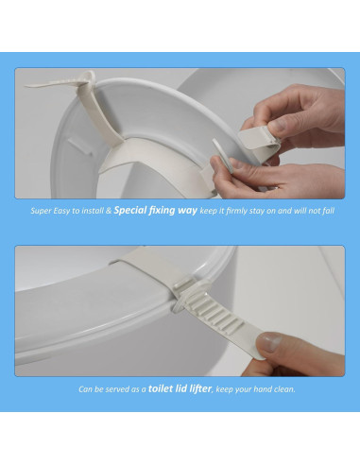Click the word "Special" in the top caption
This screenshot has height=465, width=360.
coord(130,210)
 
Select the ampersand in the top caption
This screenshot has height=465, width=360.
coord(109,211)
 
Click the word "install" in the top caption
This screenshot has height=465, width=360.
coord(93,211)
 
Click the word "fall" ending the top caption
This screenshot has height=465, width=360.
coord(328,211)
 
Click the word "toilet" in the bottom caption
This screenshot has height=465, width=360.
coord(161,388)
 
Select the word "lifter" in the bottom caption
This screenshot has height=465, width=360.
coord(199,388)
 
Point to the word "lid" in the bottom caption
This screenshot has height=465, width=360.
coord(180,388)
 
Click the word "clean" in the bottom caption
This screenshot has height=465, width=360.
coord(284,389)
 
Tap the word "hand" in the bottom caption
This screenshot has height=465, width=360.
coord(263,389)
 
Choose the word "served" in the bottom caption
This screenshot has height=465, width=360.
coord(117,389)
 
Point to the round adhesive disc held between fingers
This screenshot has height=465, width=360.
coord(222,155)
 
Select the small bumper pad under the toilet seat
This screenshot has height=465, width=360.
coord(80,146)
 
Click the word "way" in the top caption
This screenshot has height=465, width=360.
coord(187,211)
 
